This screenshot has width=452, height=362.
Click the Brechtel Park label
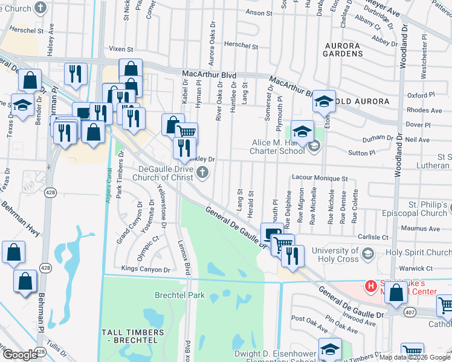(x=179, y=296)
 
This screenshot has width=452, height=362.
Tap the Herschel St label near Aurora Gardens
(x=241, y=45)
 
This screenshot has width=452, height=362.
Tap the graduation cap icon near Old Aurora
(x=323, y=101)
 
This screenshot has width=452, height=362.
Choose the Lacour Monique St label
(x=320, y=179)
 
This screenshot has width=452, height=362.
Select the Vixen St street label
(x=120, y=49)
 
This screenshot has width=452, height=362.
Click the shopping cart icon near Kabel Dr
(x=187, y=131)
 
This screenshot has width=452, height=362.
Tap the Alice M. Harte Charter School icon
(x=314, y=146)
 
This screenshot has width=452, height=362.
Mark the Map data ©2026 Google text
(x=415, y=357)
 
